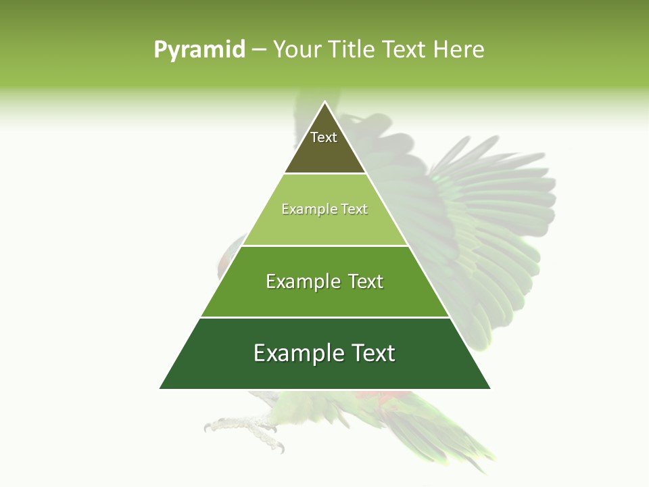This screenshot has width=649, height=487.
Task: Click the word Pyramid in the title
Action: coord(199,50)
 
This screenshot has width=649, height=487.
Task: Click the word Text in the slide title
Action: coord(405,49)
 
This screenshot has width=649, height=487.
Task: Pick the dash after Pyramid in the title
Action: coord(258,50)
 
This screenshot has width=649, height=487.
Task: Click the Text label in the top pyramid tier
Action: coord(324,137)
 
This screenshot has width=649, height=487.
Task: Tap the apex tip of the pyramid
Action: coord(325,102)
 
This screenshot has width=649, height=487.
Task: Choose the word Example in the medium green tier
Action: coord(299,281)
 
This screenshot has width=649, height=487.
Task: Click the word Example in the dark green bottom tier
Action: coord(293,352)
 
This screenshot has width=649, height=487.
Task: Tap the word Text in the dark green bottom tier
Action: coord(370,352)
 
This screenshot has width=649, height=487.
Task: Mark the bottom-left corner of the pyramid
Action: coord(160,388)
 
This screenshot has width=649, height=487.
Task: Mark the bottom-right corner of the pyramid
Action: coord(489,388)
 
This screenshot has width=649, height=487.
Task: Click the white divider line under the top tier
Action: coord(325,174)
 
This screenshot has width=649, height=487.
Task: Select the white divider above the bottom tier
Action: coord(325,317)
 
